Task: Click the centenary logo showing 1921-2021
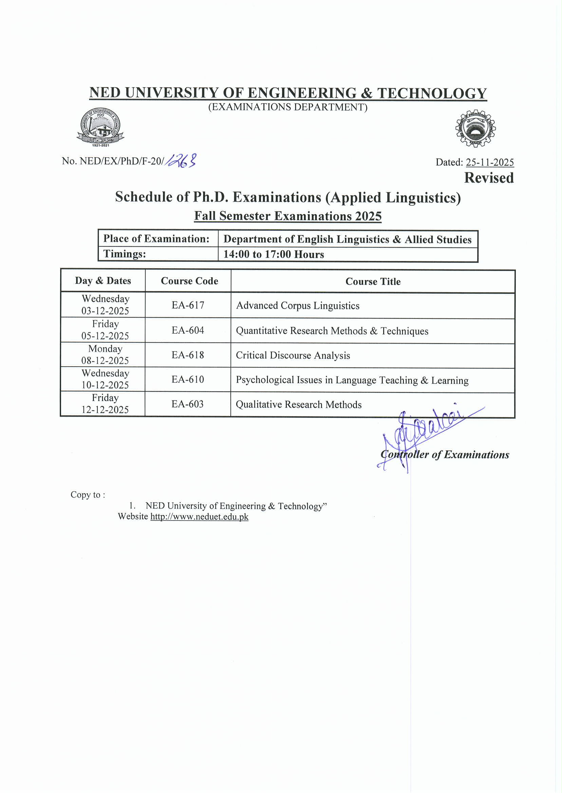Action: coord(100,127)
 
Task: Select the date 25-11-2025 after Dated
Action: coord(490,162)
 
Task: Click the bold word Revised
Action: coord(489,178)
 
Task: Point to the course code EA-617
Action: coord(188,305)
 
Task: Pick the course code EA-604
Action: coord(188,330)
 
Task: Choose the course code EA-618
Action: coord(188,355)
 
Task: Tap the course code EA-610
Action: coord(188,380)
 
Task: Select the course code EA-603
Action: coord(188,404)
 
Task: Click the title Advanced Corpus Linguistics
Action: coord(298,306)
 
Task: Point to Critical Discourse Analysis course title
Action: coord(293,355)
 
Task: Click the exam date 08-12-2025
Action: coord(105,361)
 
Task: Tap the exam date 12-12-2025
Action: coord(105,410)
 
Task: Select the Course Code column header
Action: coord(189,281)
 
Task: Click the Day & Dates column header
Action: coord(103,281)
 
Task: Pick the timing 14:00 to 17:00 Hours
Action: coord(274,254)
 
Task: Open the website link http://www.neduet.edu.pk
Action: coord(199,517)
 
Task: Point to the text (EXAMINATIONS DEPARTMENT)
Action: coord(287,107)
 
